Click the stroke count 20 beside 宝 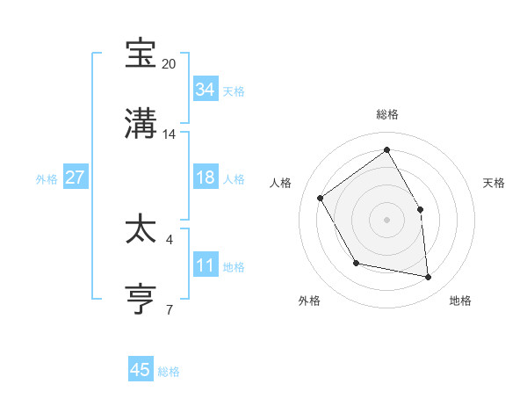(170, 64)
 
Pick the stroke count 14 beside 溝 (170, 134)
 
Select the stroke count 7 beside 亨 (170, 309)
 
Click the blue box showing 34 (205, 90)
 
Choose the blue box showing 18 (205, 178)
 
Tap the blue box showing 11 (205, 265)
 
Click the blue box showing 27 (75, 178)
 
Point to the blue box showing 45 (141, 370)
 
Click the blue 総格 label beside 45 (169, 372)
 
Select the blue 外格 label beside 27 (47, 179)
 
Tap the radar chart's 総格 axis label (386, 114)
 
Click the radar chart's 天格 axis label (495, 183)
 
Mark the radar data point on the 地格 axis (429, 278)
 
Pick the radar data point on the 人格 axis (321, 199)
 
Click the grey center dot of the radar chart (386, 220)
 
